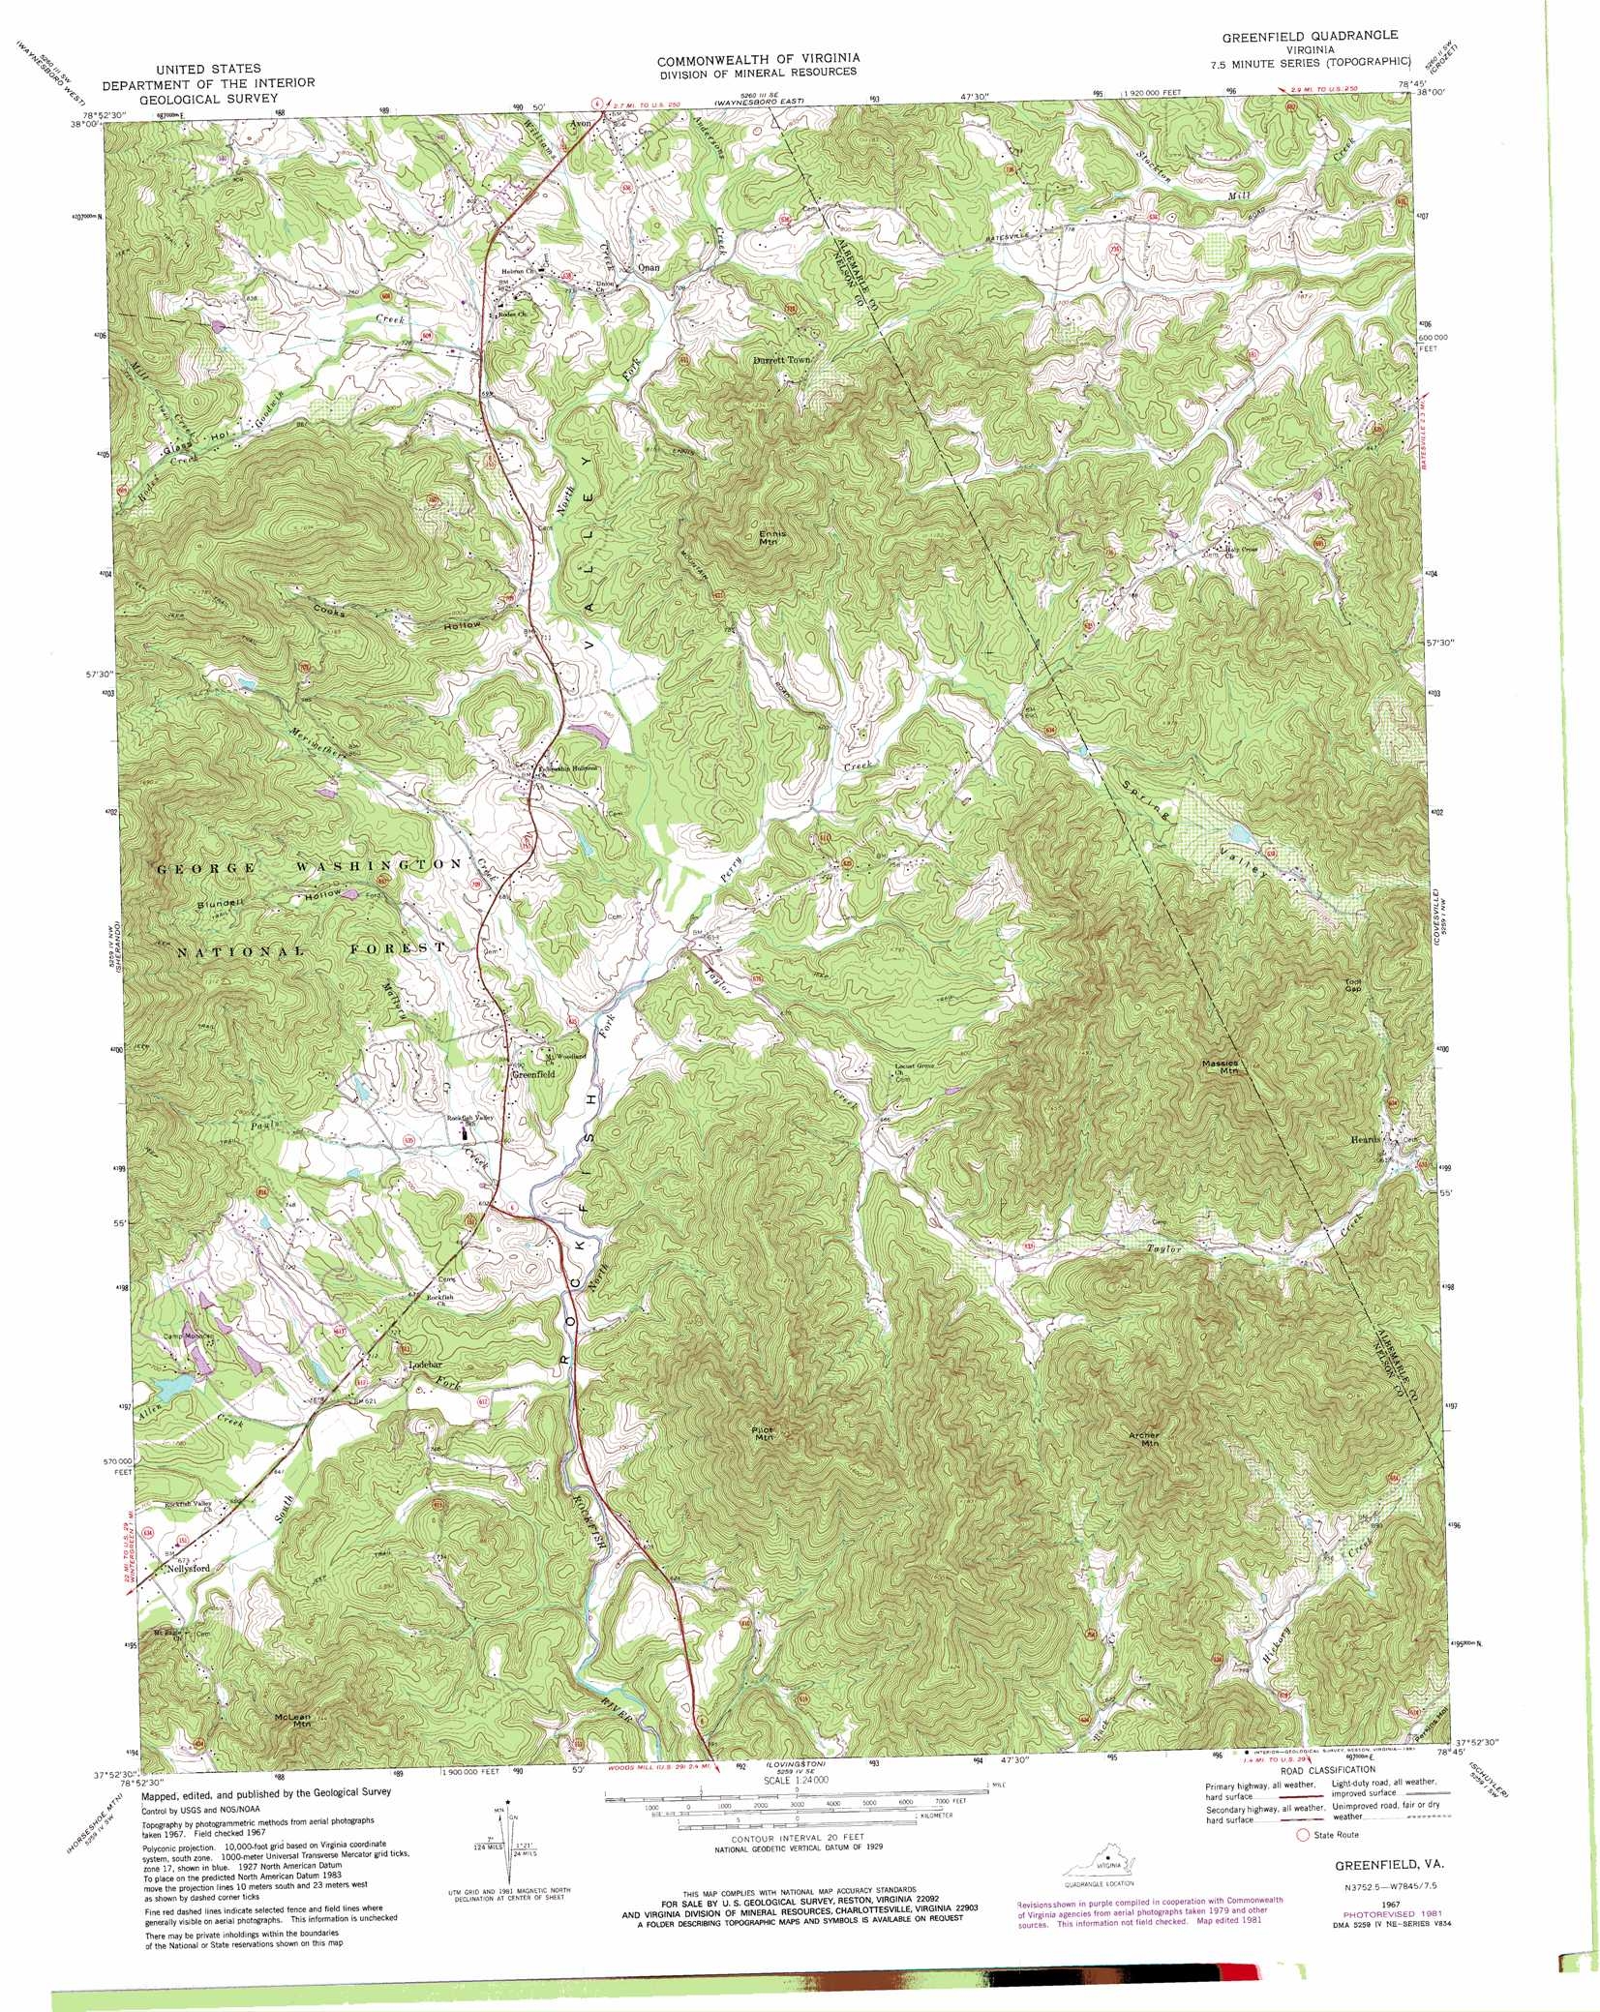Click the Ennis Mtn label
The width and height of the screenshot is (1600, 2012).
[772, 537]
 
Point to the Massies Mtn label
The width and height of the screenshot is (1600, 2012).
[1220, 1067]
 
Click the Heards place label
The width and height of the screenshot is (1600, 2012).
[1366, 1140]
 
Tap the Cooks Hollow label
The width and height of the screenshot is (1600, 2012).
[397, 618]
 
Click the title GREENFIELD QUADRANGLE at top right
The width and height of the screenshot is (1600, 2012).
[1309, 35]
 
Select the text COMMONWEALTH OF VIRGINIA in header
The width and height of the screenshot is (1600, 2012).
[758, 59]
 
